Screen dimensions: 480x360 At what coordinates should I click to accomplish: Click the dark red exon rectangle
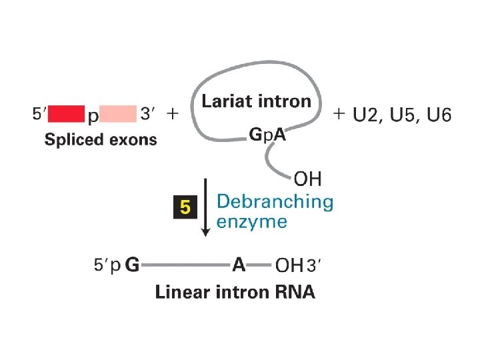click(x=66, y=114)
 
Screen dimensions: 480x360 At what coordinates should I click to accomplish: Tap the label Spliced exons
click(x=101, y=139)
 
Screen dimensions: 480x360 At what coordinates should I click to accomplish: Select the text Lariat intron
click(x=257, y=101)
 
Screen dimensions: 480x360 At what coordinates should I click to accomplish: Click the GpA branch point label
click(x=267, y=134)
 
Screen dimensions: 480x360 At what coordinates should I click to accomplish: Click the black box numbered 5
click(x=185, y=208)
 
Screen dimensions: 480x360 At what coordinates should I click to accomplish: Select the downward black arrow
click(x=206, y=207)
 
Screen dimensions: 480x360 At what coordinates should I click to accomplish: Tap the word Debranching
click(x=275, y=201)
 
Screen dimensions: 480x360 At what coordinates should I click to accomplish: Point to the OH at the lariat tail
click(x=307, y=179)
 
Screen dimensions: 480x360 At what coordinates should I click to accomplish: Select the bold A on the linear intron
click(x=239, y=265)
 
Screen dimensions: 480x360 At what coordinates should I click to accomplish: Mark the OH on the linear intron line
click(x=289, y=265)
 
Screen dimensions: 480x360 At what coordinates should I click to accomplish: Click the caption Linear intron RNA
click(x=235, y=292)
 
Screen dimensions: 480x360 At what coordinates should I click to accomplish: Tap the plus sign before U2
click(x=339, y=113)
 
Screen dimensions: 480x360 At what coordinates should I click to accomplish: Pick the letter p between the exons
click(x=94, y=116)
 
